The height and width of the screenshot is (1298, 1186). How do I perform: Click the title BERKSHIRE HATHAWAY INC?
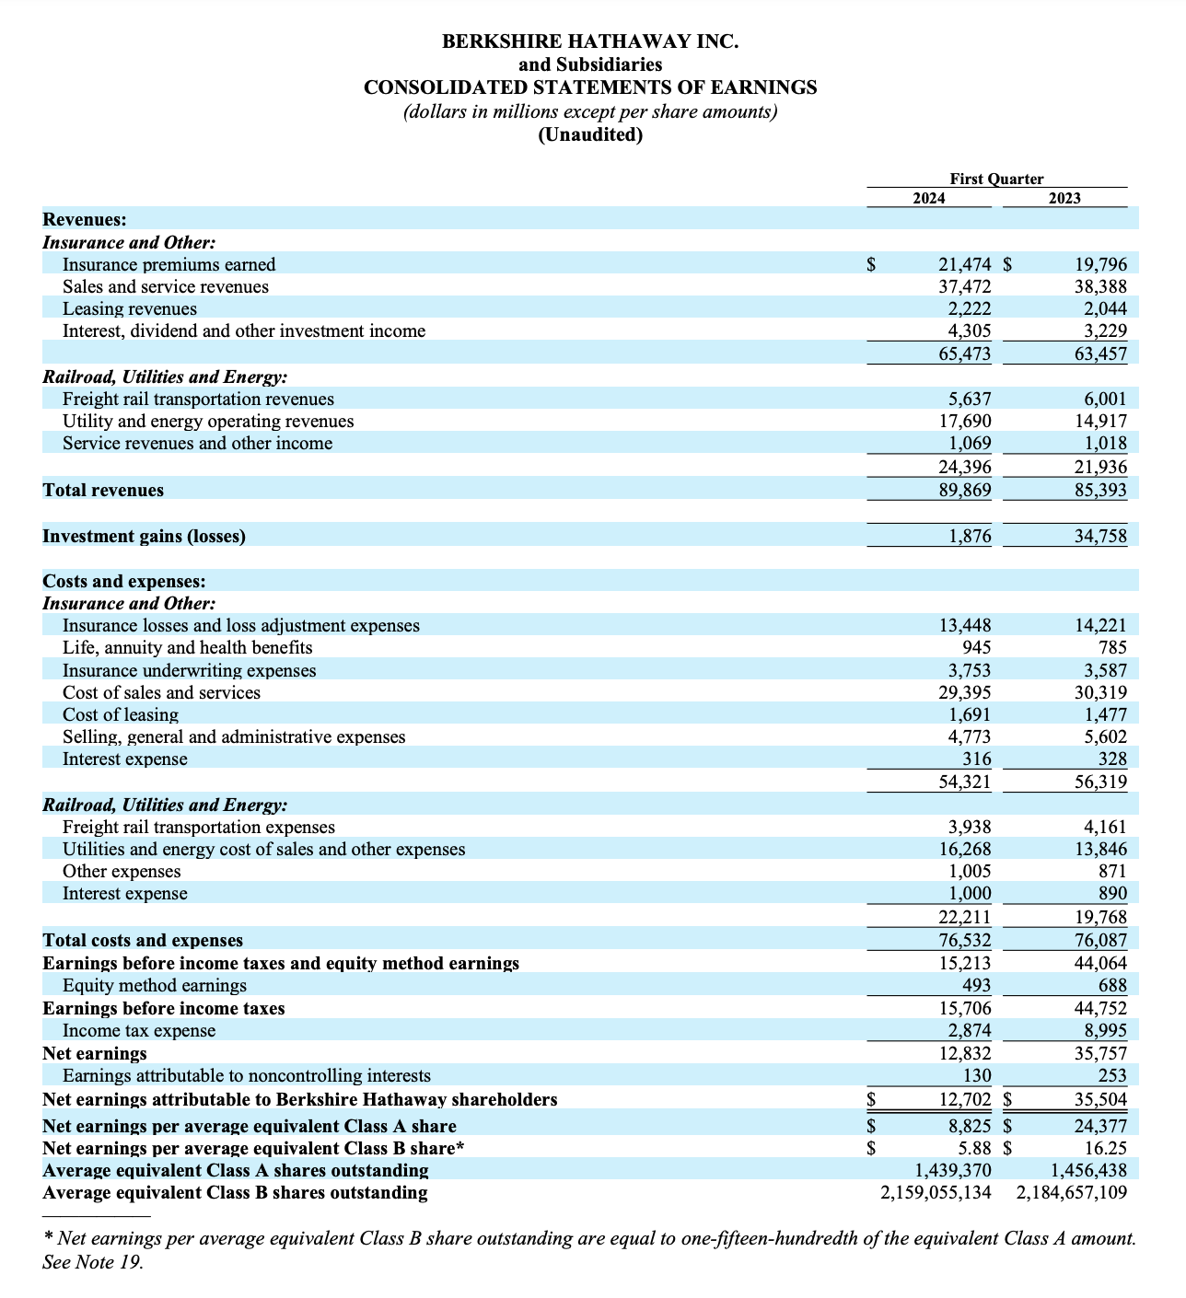point(590,41)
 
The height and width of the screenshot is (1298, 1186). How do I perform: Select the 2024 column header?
point(928,199)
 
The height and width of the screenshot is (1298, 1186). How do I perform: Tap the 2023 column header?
point(1064,199)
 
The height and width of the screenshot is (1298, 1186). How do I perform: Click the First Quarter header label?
point(996,180)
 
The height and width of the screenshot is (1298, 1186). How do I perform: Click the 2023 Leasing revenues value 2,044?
point(1101,309)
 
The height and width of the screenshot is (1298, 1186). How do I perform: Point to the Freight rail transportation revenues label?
point(198,400)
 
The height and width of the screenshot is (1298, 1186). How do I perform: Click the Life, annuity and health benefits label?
point(187,648)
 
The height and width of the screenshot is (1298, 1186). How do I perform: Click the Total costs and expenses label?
point(143,941)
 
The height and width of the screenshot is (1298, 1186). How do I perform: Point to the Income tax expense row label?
point(139,1031)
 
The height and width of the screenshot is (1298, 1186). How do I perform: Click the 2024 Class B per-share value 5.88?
point(974,1148)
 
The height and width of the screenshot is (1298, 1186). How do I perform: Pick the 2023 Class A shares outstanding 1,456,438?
point(1088,1171)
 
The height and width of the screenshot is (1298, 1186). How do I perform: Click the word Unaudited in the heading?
point(590,135)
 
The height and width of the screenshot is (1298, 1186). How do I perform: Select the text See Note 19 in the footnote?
point(92,1262)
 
